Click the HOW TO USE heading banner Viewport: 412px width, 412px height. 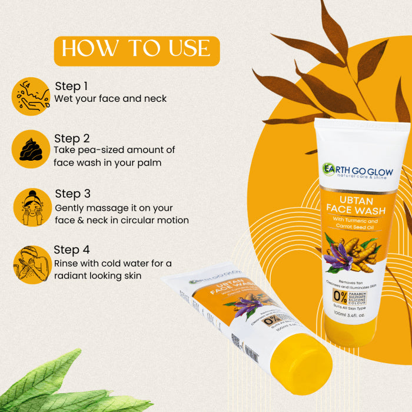[136, 49]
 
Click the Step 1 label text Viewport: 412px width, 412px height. [72, 85]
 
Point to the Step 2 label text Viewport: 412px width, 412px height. [72, 138]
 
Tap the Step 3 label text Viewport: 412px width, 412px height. [72, 194]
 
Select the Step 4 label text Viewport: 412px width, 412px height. [72, 250]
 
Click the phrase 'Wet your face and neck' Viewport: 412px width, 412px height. [110, 99]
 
